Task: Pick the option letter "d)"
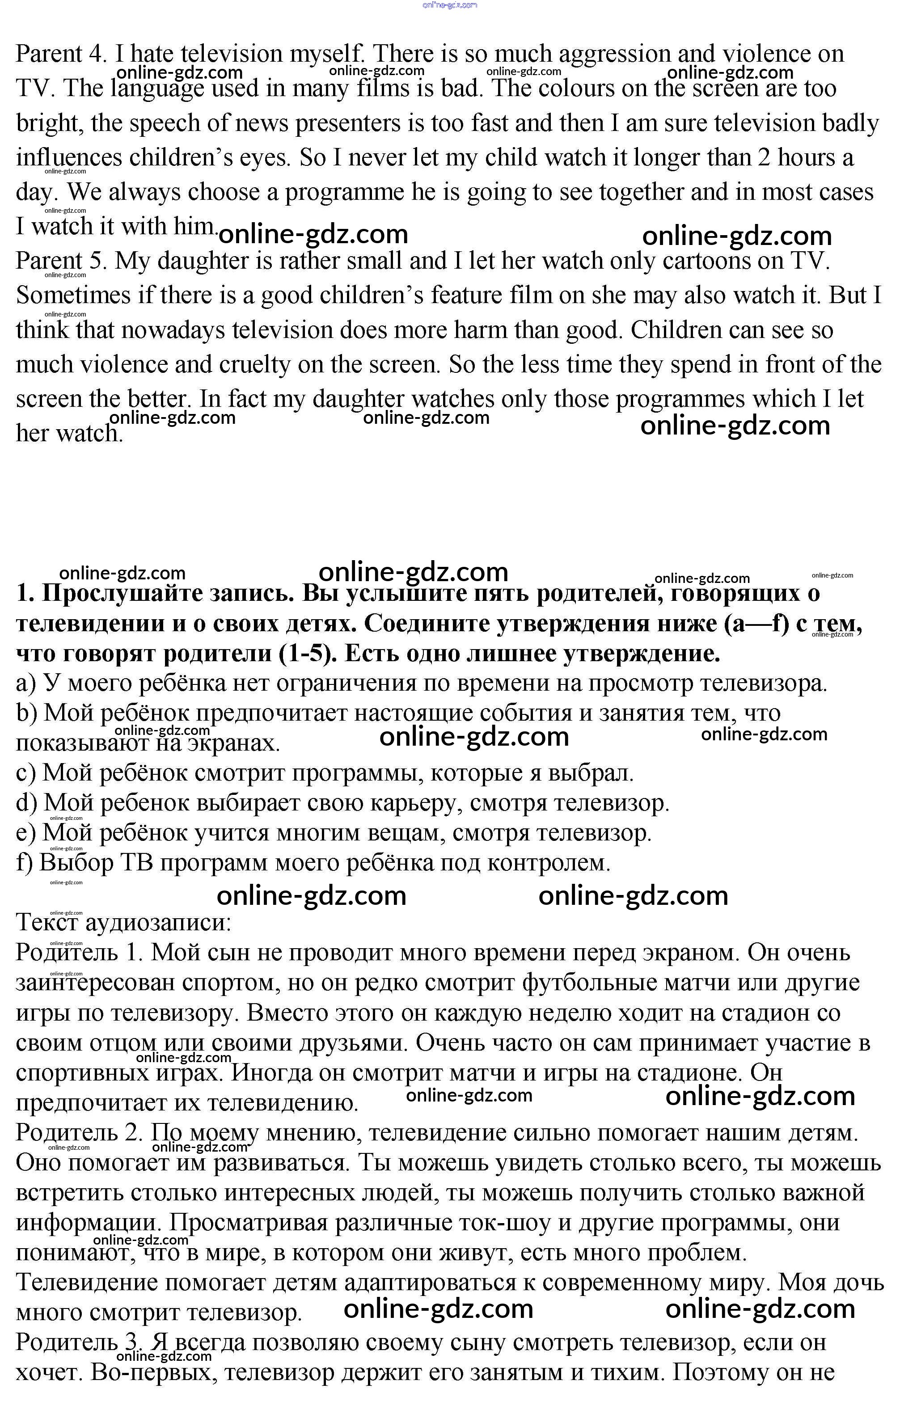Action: point(27,803)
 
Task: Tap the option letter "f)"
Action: point(25,863)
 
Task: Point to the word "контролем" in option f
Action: point(549,863)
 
